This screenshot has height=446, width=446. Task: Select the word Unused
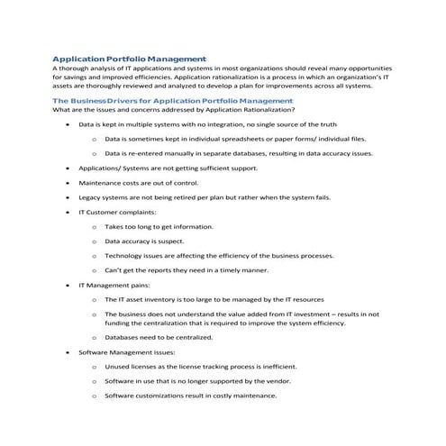point(117,367)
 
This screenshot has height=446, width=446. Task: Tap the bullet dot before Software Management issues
point(68,352)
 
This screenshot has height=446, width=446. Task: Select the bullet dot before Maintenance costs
point(68,182)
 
